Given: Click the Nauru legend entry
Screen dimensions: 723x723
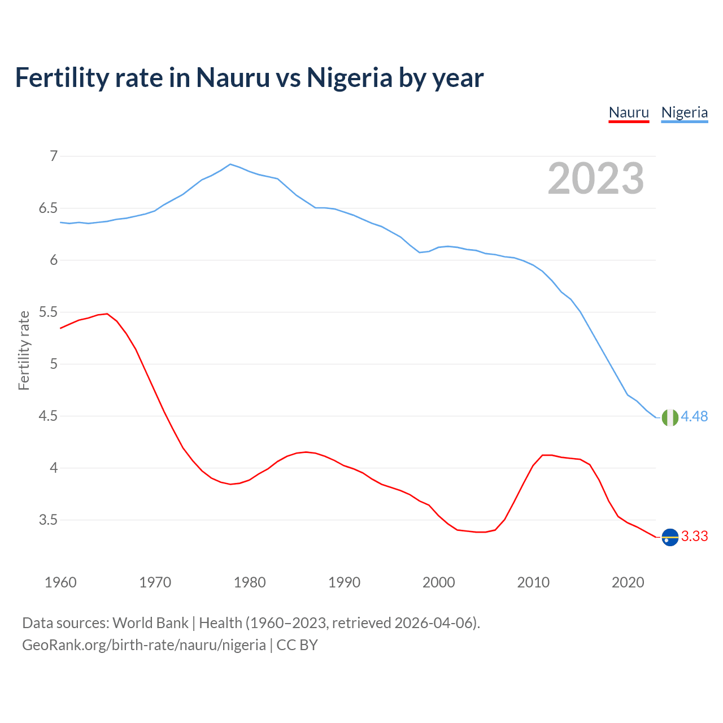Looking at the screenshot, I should click(629, 112).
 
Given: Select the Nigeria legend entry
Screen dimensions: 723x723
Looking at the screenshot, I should click(684, 112).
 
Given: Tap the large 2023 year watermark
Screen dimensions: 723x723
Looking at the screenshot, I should click(596, 178).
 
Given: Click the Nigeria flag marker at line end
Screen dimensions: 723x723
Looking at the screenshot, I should click(670, 417).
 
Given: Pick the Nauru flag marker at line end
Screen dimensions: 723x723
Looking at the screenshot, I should click(670, 537).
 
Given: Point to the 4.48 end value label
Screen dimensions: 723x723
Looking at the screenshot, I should click(694, 416).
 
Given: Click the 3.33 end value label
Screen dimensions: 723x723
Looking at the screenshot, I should click(694, 536).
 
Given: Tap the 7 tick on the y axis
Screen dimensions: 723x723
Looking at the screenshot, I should click(54, 156).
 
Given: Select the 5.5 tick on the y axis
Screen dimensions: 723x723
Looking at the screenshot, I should click(48, 312).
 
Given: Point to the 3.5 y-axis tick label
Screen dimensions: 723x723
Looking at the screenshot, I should click(48, 520).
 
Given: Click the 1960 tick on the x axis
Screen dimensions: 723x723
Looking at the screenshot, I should click(60, 582).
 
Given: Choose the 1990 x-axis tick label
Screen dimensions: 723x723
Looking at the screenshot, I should click(344, 582).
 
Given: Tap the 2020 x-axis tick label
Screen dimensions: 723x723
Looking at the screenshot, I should click(628, 582).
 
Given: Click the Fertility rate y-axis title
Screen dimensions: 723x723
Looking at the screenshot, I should click(24, 350).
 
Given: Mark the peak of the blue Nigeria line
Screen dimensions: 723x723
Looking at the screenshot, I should click(230, 164).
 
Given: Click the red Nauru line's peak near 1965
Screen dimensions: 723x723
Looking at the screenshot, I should click(107, 313).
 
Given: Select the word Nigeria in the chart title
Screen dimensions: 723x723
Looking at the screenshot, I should click(349, 77).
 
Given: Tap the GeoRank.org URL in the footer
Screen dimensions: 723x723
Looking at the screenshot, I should click(143, 644).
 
